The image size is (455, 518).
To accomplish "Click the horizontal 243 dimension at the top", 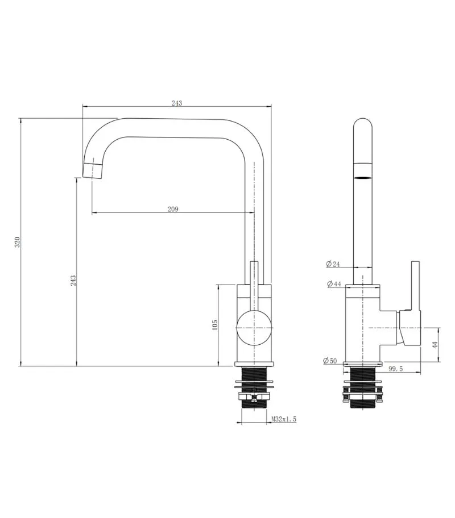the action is pyautogui.click(x=177, y=103).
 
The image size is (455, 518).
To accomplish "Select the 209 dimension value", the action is pyautogui.click(x=173, y=209).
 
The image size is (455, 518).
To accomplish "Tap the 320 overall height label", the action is pyautogui.click(x=18, y=242).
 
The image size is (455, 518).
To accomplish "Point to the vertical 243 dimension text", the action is pyautogui.click(x=73, y=281).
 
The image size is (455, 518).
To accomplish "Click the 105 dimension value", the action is pyautogui.click(x=214, y=324).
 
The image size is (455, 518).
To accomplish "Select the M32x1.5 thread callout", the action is pyautogui.click(x=284, y=419).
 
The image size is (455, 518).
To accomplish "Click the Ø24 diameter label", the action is pyautogui.click(x=333, y=264).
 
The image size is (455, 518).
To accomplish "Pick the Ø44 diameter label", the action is pyautogui.click(x=334, y=284).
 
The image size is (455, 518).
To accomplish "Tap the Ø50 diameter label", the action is pyautogui.click(x=330, y=361).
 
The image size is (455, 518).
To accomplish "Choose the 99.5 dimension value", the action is pyautogui.click(x=395, y=369).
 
